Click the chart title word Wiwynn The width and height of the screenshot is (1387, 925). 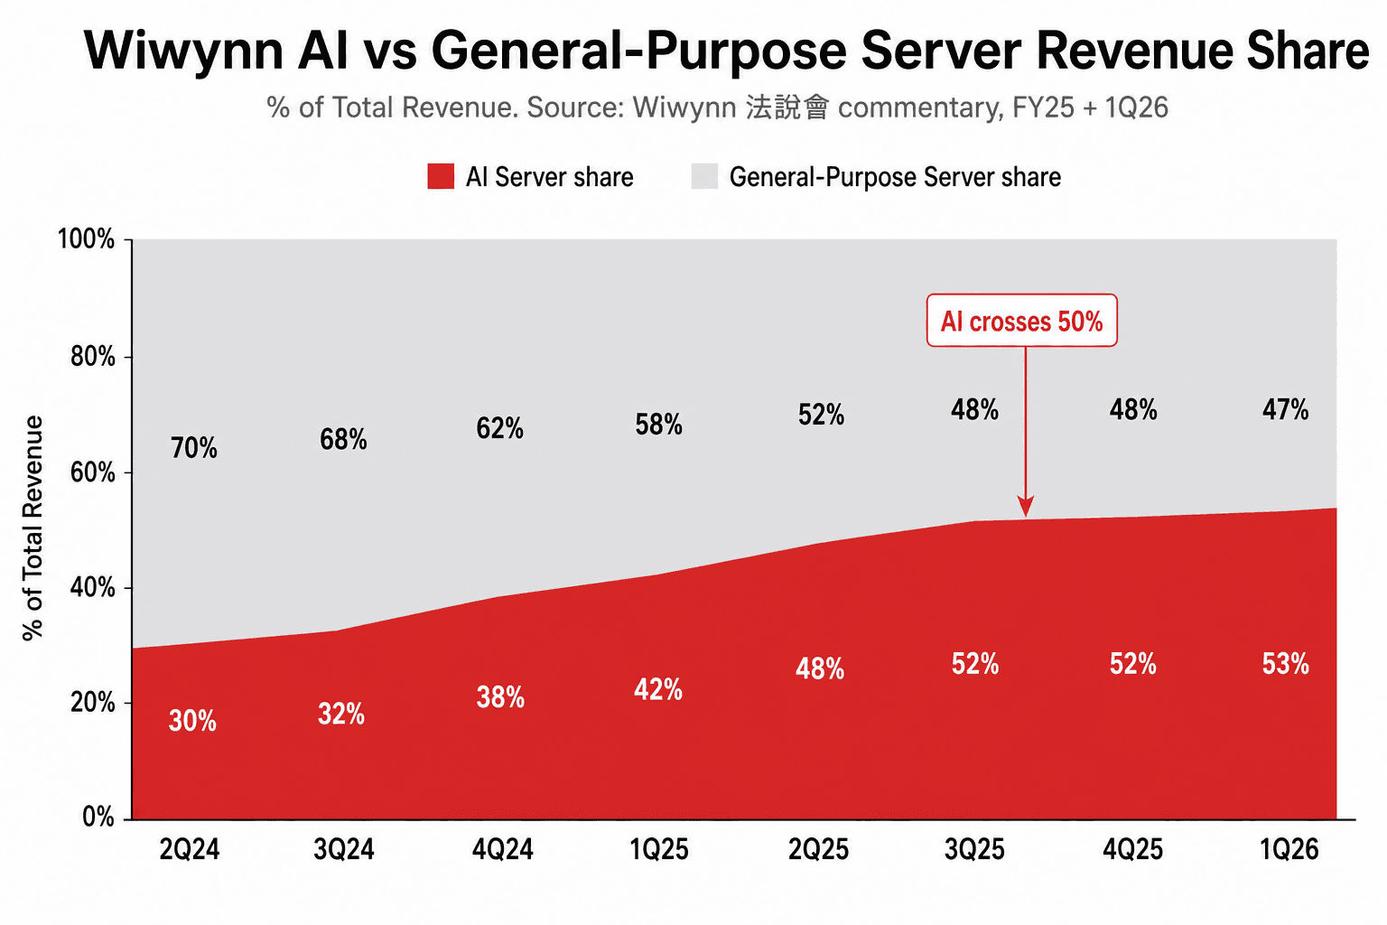[183, 52]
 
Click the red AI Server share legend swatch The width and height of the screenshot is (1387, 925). [441, 176]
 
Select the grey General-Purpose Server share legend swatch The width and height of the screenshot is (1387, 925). [704, 176]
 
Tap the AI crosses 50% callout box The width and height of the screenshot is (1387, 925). [1021, 321]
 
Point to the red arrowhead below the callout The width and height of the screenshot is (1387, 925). [1026, 506]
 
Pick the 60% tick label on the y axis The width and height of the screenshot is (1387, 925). [92, 472]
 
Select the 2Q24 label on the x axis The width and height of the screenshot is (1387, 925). [190, 849]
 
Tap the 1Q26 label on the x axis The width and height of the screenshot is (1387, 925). [1289, 849]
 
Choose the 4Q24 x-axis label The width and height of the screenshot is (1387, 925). [502, 849]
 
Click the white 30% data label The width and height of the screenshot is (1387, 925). [192, 721]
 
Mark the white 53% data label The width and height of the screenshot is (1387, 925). [1286, 664]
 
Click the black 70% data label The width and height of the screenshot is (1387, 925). [194, 447]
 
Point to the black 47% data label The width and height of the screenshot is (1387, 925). [1286, 409]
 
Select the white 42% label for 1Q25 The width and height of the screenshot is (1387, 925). [658, 689]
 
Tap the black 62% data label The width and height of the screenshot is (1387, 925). [499, 428]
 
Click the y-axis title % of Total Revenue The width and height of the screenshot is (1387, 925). [33, 528]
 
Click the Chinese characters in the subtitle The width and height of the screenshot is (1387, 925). [787, 107]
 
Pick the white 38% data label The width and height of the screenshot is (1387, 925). [500, 697]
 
